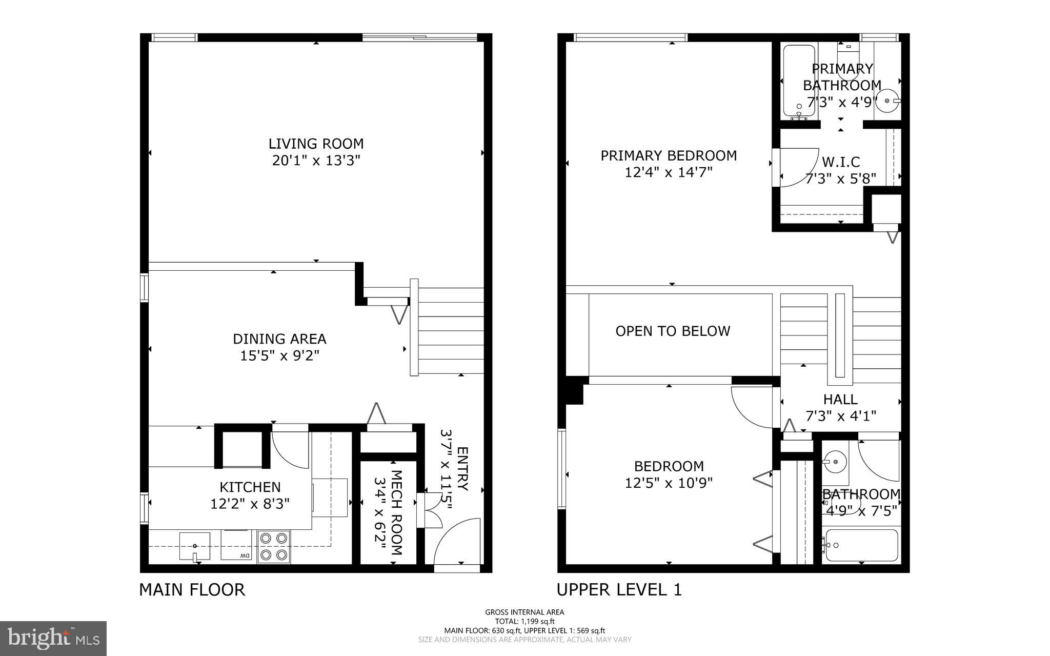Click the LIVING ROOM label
point(316,144)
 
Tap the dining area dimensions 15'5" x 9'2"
point(279,355)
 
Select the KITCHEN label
point(250,487)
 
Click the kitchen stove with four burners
point(273,546)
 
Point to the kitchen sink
point(194,546)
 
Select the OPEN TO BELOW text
point(673,331)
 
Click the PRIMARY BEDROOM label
point(669,155)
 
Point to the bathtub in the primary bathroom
point(799,81)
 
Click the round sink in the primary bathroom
point(887,101)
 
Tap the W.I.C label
point(841,162)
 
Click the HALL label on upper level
point(840,399)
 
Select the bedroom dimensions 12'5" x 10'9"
point(669,483)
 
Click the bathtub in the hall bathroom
point(861,546)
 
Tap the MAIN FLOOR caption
point(192,589)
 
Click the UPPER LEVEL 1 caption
point(619,589)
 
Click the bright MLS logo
point(53,638)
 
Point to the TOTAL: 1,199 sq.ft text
point(524,621)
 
